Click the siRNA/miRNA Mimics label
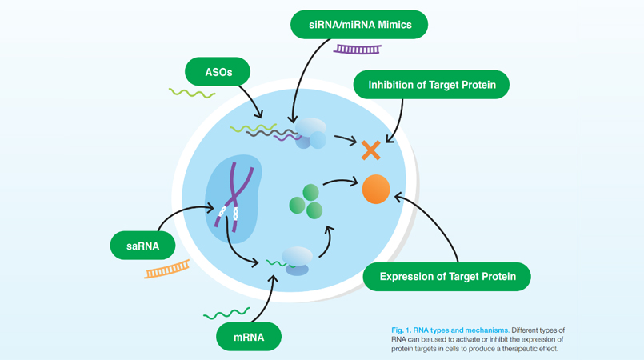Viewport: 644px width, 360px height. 359,25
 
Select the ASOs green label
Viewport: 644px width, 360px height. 218,72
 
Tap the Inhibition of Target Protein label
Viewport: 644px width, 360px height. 431,85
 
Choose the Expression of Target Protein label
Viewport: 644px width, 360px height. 447,277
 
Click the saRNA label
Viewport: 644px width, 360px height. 143,246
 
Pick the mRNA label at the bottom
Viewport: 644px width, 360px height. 249,337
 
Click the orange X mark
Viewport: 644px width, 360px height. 370,150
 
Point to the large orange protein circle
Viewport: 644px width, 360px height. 376,190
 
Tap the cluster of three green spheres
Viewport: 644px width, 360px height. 306,202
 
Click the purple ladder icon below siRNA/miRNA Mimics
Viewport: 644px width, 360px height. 358,50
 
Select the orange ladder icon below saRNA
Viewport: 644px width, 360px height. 167,270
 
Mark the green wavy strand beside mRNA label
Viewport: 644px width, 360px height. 226,314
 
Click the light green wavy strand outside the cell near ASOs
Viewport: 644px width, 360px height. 192,93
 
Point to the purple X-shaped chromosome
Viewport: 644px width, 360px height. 234,196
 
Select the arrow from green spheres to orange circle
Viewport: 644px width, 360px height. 341,181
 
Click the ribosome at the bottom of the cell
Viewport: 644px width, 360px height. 297,261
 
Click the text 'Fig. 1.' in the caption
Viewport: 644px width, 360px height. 402,330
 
